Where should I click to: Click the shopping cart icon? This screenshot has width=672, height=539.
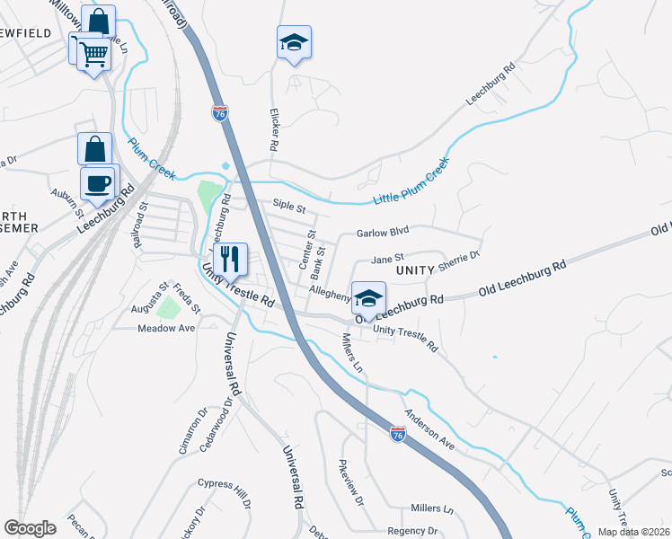tap(93, 54)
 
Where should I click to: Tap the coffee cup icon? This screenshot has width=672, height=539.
tap(98, 182)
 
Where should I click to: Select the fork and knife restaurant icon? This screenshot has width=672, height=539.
tap(231, 259)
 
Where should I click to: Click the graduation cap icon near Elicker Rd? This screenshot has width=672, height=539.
tap(294, 42)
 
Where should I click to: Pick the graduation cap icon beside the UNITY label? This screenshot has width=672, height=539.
tap(368, 298)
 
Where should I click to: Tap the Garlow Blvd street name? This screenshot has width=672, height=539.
tap(383, 232)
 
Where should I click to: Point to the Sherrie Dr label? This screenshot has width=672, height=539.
tap(460, 258)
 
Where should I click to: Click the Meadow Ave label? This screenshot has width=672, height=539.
tap(166, 329)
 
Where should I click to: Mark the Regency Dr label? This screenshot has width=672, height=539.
tap(411, 531)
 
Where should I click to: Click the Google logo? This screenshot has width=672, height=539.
tap(30, 528)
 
